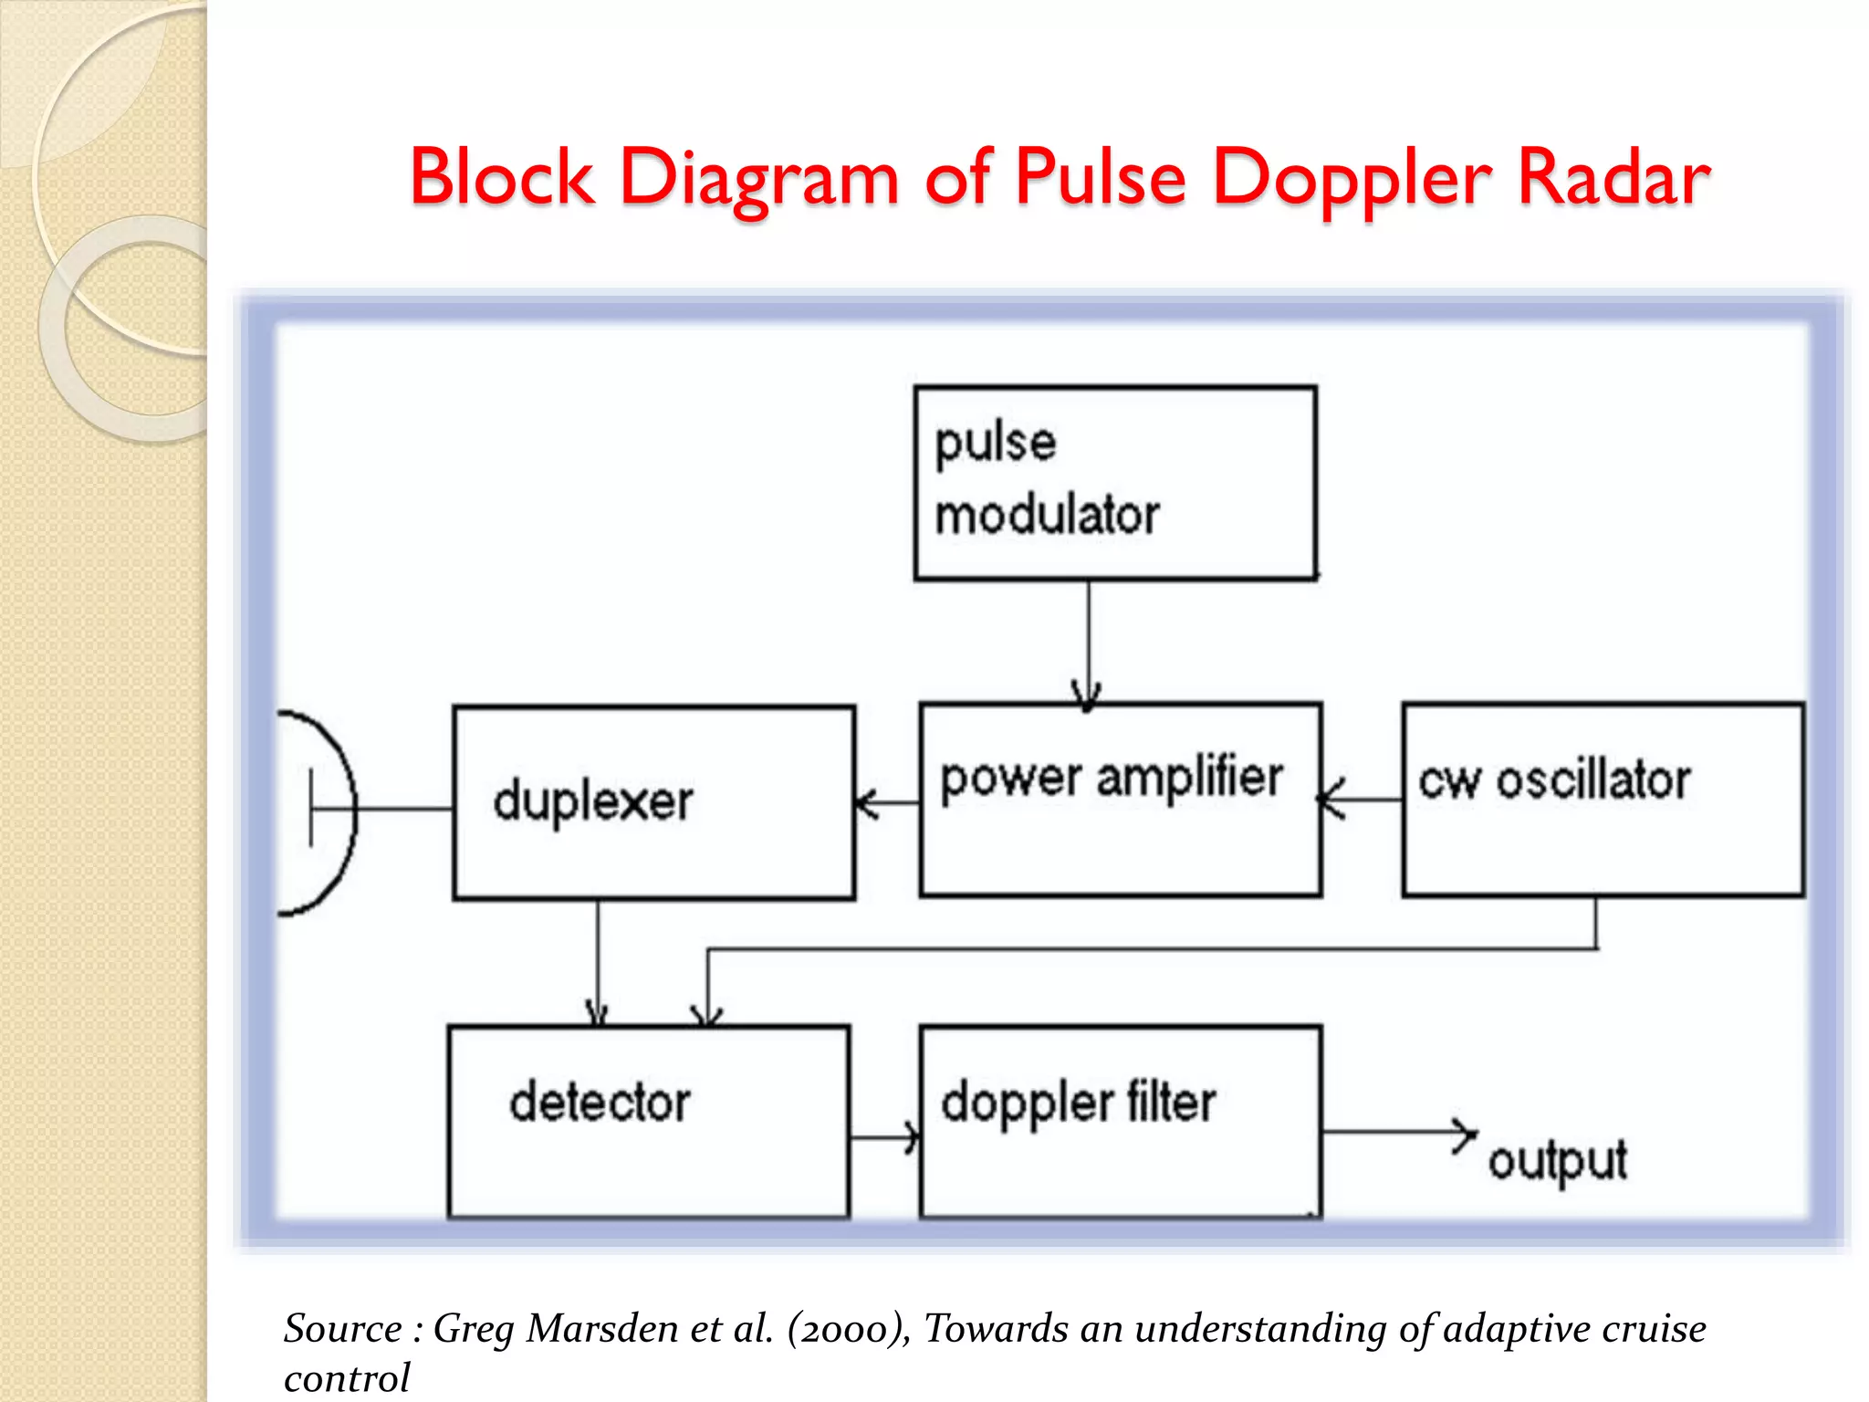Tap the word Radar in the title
[x=1613, y=178]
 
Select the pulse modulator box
[x=1114, y=483]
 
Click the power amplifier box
[x=1120, y=800]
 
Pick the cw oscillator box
[x=1603, y=800]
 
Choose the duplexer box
[x=653, y=802]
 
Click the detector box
[x=648, y=1121]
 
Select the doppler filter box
[x=1120, y=1121]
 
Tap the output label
[x=1557, y=1161]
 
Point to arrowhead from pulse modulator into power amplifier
[x=1086, y=696]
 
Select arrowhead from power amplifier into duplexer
[x=864, y=803]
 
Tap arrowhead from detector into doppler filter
[x=912, y=1138]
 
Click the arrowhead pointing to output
[x=1466, y=1134]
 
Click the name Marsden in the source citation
[x=602, y=1328]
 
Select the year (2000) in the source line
[x=849, y=1328]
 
